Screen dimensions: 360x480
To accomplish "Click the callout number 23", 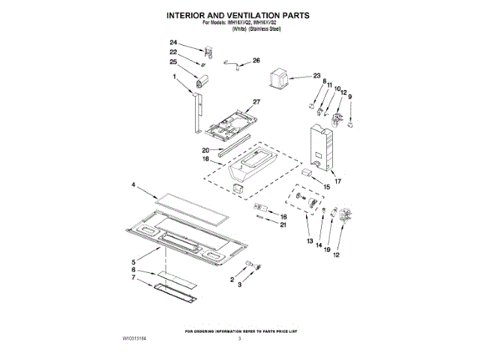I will pyautogui.click(x=316, y=76).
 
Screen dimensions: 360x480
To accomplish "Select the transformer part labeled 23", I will pyautogui.click(x=281, y=77).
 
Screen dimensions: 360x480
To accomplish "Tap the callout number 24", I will pyautogui.click(x=173, y=43).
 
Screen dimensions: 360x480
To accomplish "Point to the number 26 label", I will pyautogui.click(x=256, y=61).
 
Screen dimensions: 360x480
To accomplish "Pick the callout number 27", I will pyautogui.click(x=256, y=102).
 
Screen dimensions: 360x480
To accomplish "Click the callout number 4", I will pyautogui.click(x=135, y=184).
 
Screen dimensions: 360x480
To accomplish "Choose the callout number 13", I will pyautogui.click(x=309, y=241).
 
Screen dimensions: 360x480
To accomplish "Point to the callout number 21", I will pyautogui.click(x=283, y=224).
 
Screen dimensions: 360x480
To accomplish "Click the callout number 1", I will pyautogui.click(x=173, y=77).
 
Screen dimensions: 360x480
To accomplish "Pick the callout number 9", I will pyautogui.click(x=349, y=96).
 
